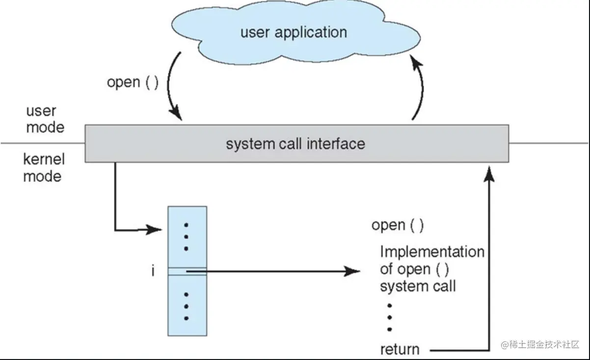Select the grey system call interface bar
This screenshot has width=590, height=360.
point(296,144)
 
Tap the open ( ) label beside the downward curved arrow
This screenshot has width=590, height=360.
point(133,82)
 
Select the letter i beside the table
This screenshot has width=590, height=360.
point(153,271)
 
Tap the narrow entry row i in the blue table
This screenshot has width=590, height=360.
point(187,271)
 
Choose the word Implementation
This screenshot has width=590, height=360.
point(432,252)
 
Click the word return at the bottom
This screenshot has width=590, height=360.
point(400,350)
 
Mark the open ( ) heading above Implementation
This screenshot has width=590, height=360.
point(398,225)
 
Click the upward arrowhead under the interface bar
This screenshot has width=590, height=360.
point(489,171)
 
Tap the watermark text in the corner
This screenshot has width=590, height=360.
point(540,344)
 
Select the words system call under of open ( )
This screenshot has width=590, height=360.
point(418,285)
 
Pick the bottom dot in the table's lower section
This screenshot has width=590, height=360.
point(187,318)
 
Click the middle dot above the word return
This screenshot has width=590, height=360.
point(389,317)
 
